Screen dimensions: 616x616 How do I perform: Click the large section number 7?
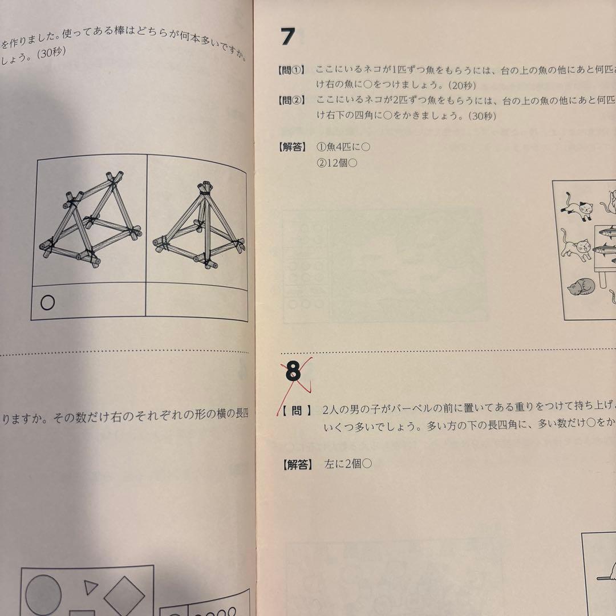[288, 37]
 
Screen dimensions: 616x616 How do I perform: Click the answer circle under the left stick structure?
[48, 302]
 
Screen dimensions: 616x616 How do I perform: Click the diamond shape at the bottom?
[124, 595]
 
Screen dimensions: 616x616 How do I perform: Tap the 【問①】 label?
[293, 70]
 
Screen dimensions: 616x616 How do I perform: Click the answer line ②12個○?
[337, 163]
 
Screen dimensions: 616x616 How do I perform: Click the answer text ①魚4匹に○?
[343, 147]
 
